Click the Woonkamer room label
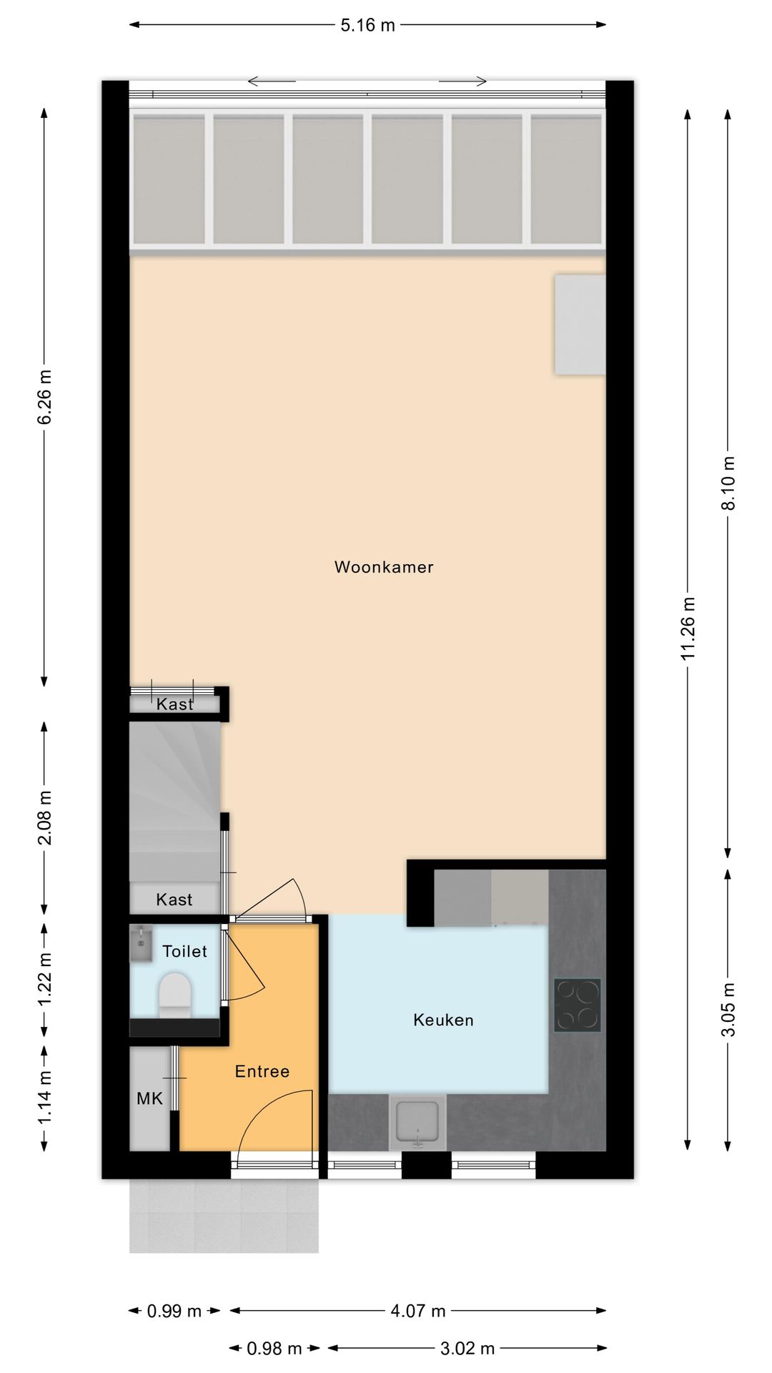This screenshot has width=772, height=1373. pyautogui.click(x=384, y=567)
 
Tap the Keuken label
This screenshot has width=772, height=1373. pyautogui.click(x=443, y=1020)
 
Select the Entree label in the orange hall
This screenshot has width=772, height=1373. pyautogui.click(x=262, y=1071)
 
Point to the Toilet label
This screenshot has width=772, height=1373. pyautogui.click(x=184, y=951)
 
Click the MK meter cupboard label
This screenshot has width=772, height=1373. pyautogui.click(x=150, y=1098)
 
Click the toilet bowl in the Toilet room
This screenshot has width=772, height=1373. pyautogui.click(x=175, y=995)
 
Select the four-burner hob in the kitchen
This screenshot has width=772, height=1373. pyautogui.click(x=578, y=1005)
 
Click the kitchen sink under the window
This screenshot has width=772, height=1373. pyautogui.click(x=417, y=1123)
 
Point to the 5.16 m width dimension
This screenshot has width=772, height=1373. pyautogui.click(x=367, y=26)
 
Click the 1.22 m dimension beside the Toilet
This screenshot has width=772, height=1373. pyautogui.click(x=44, y=979)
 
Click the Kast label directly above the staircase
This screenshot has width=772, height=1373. pyautogui.click(x=175, y=704)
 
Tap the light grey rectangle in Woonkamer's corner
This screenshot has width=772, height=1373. pyautogui.click(x=580, y=325)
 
